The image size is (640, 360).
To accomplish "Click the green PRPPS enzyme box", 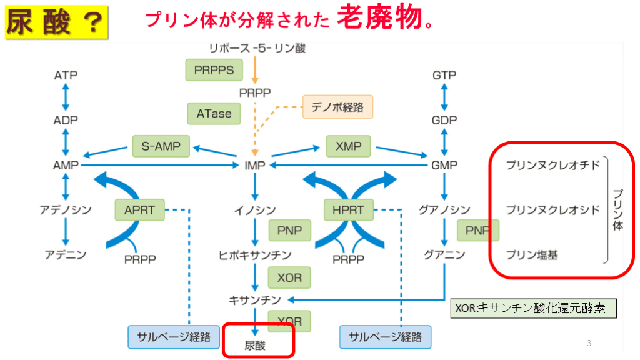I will tap(214, 70).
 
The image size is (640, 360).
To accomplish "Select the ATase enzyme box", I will tap(214, 114).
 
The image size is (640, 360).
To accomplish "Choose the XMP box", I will tap(348, 146).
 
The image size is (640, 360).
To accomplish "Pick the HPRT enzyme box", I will tap(348, 210).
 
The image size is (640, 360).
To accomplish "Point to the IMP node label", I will tap(254, 166).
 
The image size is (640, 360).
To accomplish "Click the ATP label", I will tap(66, 76).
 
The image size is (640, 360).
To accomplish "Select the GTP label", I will tap(444, 76).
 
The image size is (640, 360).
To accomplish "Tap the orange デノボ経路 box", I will tap(337, 107).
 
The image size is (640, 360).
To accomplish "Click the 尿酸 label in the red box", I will tap(255, 344).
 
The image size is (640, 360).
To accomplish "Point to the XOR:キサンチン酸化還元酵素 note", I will tap(533, 308).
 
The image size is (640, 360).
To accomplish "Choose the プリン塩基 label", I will tap(532, 254).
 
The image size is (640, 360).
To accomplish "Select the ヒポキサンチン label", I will tap(254, 255).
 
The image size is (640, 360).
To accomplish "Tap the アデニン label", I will tap(65, 254).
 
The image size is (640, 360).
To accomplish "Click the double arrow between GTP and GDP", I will tap(444, 97).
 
